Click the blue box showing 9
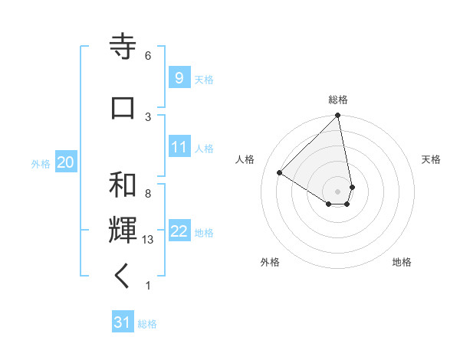(x=179, y=77)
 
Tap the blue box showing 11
(x=179, y=147)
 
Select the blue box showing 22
(x=179, y=231)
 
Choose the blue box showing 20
(x=65, y=162)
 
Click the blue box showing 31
(x=122, y=322)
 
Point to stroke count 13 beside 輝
(x=149, y=240)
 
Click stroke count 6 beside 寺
(x=148, y=56)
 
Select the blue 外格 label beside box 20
(x=41, y=163)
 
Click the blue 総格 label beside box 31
(x=147, y=324)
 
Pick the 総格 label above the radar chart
(x=338, y=100)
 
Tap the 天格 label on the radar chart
(x=431, y=159)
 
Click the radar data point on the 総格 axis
(x=338, y=116)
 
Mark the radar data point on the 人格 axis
(x=280, y=172)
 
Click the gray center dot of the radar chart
(x=338, y=191)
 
